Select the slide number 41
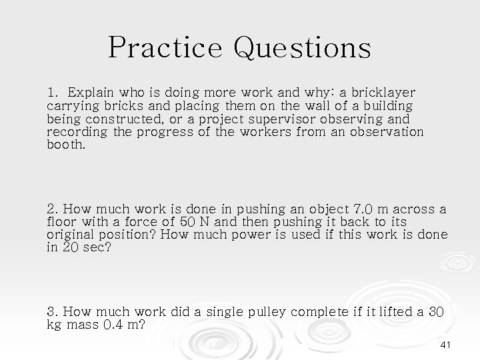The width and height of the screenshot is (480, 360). (446, 343)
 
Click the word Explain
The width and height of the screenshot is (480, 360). (93, 92)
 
